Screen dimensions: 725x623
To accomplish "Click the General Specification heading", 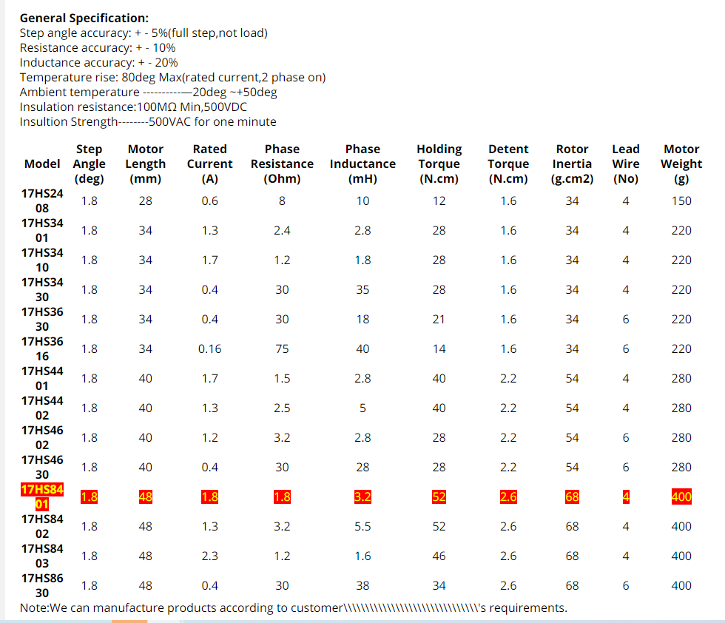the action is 84,18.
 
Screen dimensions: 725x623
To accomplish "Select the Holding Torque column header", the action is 439,164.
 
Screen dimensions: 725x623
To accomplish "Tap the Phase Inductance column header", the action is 362,164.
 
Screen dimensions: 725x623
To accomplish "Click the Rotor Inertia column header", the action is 572,164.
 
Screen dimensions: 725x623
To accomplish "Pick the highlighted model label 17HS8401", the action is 42,496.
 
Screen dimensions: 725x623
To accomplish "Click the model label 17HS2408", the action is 42,201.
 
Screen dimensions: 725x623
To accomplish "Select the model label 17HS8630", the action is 42,585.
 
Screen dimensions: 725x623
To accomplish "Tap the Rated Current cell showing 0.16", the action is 209,348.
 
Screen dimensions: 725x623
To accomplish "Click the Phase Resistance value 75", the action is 282,348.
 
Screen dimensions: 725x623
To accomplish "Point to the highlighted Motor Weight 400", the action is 681,496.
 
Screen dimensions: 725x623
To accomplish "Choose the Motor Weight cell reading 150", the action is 681,201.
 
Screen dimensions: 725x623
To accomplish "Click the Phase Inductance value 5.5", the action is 362,526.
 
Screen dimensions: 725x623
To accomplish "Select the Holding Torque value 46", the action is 439,556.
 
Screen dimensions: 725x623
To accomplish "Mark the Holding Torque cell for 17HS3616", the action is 439,348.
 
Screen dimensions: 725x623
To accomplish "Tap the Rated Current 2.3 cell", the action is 209,556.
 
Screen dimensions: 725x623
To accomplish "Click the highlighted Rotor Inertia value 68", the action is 572,496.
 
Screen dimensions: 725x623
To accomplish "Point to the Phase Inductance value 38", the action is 362,585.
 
